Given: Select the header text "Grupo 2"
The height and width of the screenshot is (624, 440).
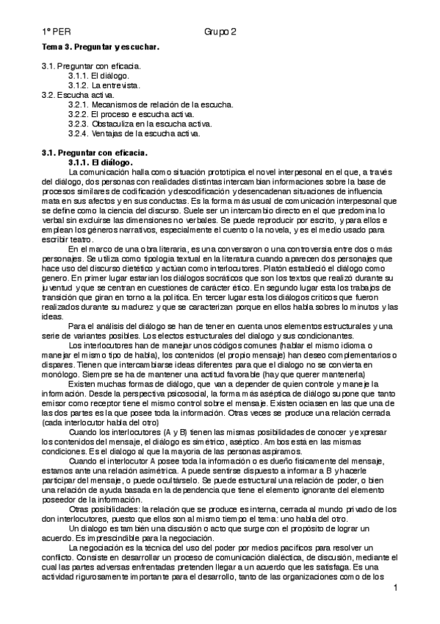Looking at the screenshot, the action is [220, 32].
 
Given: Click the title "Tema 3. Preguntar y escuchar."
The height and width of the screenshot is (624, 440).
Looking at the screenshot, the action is [101, 47].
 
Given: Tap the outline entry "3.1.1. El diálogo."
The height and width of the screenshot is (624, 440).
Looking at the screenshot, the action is [98, 76].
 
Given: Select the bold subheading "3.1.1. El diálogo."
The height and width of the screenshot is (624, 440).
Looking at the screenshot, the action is [99, 161].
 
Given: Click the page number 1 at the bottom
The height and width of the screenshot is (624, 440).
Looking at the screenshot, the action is [395, 588].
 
